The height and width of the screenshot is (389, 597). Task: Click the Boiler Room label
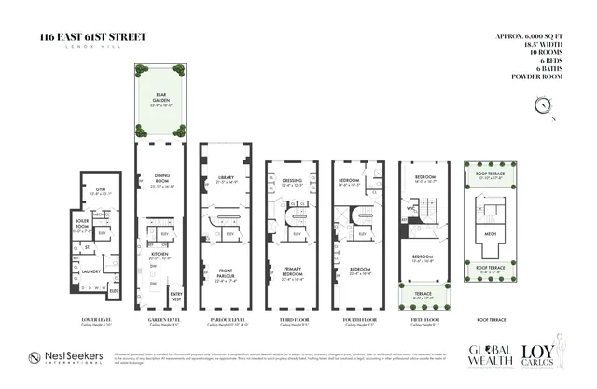pos(81,226)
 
